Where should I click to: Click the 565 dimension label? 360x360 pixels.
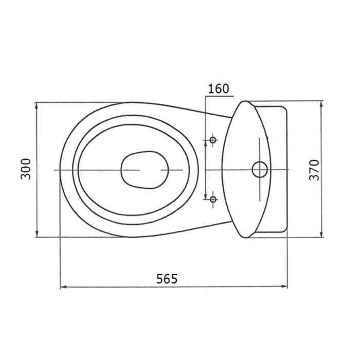pos(167,279)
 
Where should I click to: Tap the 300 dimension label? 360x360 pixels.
pos(26,169)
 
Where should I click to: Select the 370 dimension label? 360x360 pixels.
pos(314,170)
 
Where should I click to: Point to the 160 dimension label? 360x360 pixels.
pos(219,89)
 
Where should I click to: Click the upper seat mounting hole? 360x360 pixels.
pos(213,139)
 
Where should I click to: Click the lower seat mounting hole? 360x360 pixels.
pos(213,199)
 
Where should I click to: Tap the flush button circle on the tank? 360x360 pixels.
pos(260,170)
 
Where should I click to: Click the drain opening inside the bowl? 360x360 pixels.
pos(145,170)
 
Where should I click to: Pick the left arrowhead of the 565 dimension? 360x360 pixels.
pos(63,287)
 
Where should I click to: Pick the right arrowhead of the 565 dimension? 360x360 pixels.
pos(284,286)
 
